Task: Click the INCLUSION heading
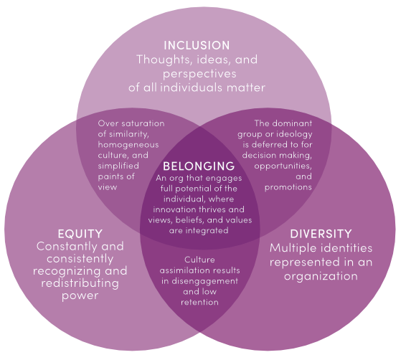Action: [197, 45]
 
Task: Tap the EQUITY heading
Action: [80, 234]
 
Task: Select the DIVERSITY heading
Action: [321, 234]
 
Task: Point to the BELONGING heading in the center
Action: [199, 166]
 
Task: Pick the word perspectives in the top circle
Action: [199, 75]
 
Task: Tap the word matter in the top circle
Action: [246, 87]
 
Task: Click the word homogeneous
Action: [128, 145]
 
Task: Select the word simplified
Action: [118, 166]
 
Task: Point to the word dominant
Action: [291, 123]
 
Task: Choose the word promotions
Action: [288, 187]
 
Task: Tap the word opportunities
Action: [283, 166]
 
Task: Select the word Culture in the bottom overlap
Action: [199, 260]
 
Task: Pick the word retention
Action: [199, 302]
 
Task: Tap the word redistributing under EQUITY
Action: [80, 283]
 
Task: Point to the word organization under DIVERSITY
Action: [321, 276]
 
